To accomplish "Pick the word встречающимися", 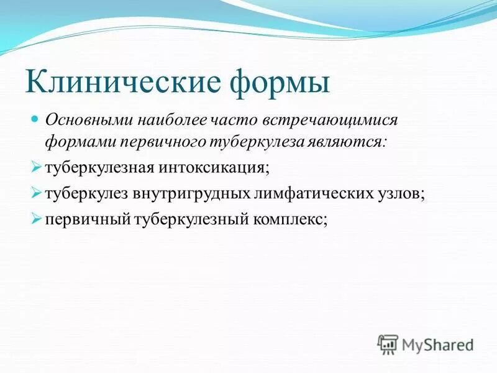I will pyautogui.click(x=326, y=119).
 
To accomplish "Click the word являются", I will pyautogui.click(x=349, y=142).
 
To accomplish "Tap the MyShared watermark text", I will pyautogui.click(x=438, y=343).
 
